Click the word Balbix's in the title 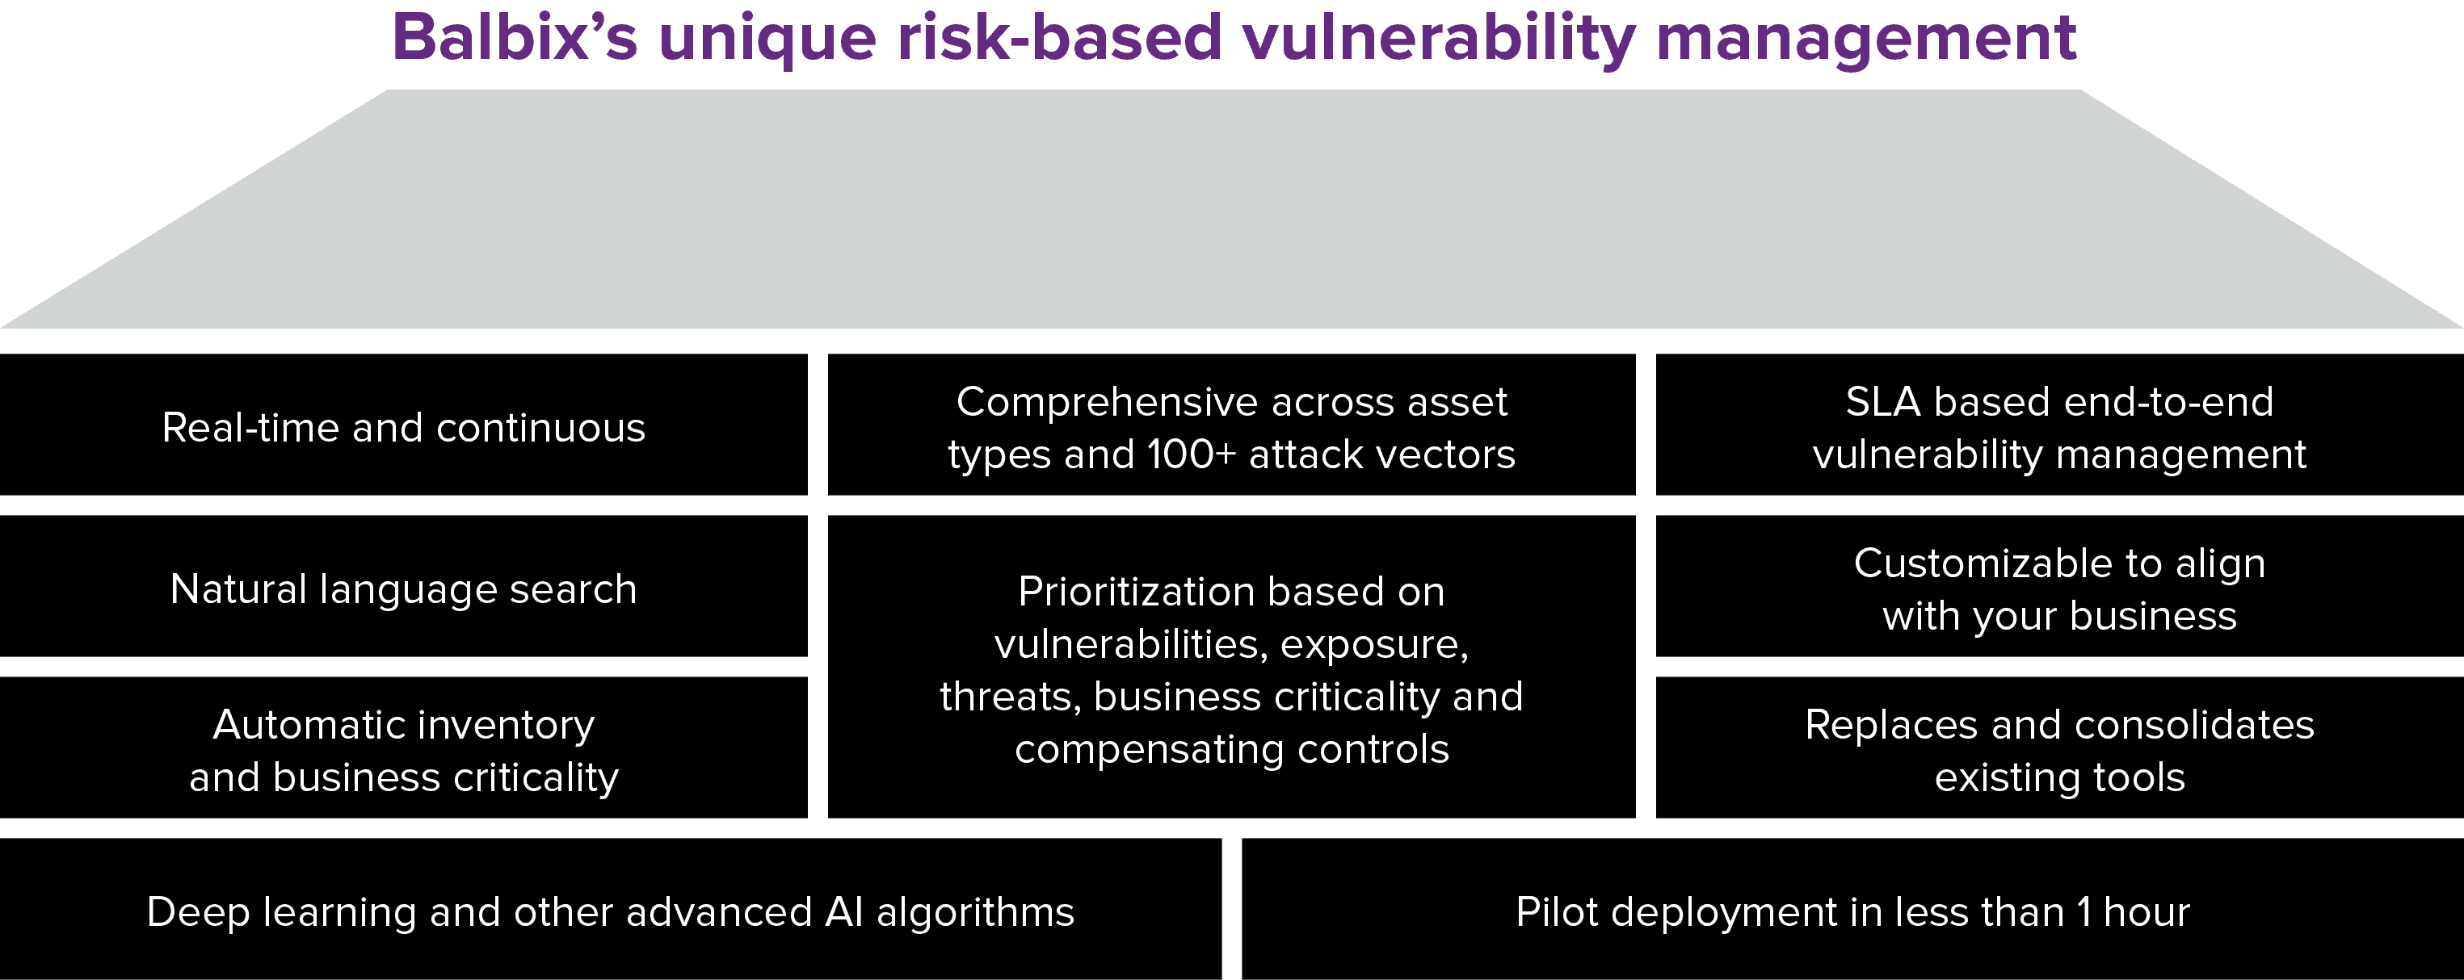pyautogui.click(x=515, y=37)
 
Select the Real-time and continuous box pyautogui.click(x=404, y=425)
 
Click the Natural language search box pyautogui.click(x=404, y=586)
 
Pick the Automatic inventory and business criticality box pyautogui.click(x=404, y=748)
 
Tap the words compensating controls pyautogui.click(x=1232, y=750)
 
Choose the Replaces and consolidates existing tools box pyautogui.click(x=2059, y=748)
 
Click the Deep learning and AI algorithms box pyautogui.click(x=610, y=909)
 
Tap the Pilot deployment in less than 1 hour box pyautogui.click(x=1852, y=909)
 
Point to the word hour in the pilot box pyautogui.click(x=2147, y=912)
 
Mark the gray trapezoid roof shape pyautogui.click(x=1232, y=209)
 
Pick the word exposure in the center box pyautogui.click(x=1374, y=645)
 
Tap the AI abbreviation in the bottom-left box pyautogui.click(x=843, y=912)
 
